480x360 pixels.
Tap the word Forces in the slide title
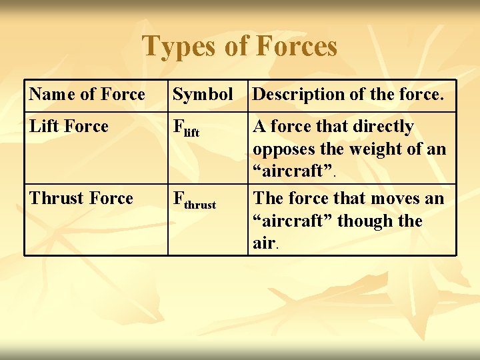click(297, 47)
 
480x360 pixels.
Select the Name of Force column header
click(87, 95)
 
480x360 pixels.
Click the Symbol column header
click(203, 95)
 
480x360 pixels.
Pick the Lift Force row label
click(69, 127)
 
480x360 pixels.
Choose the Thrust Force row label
click(81, 199)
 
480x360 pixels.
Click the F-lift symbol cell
click(186, 129)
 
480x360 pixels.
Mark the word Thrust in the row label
click(53, 199)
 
